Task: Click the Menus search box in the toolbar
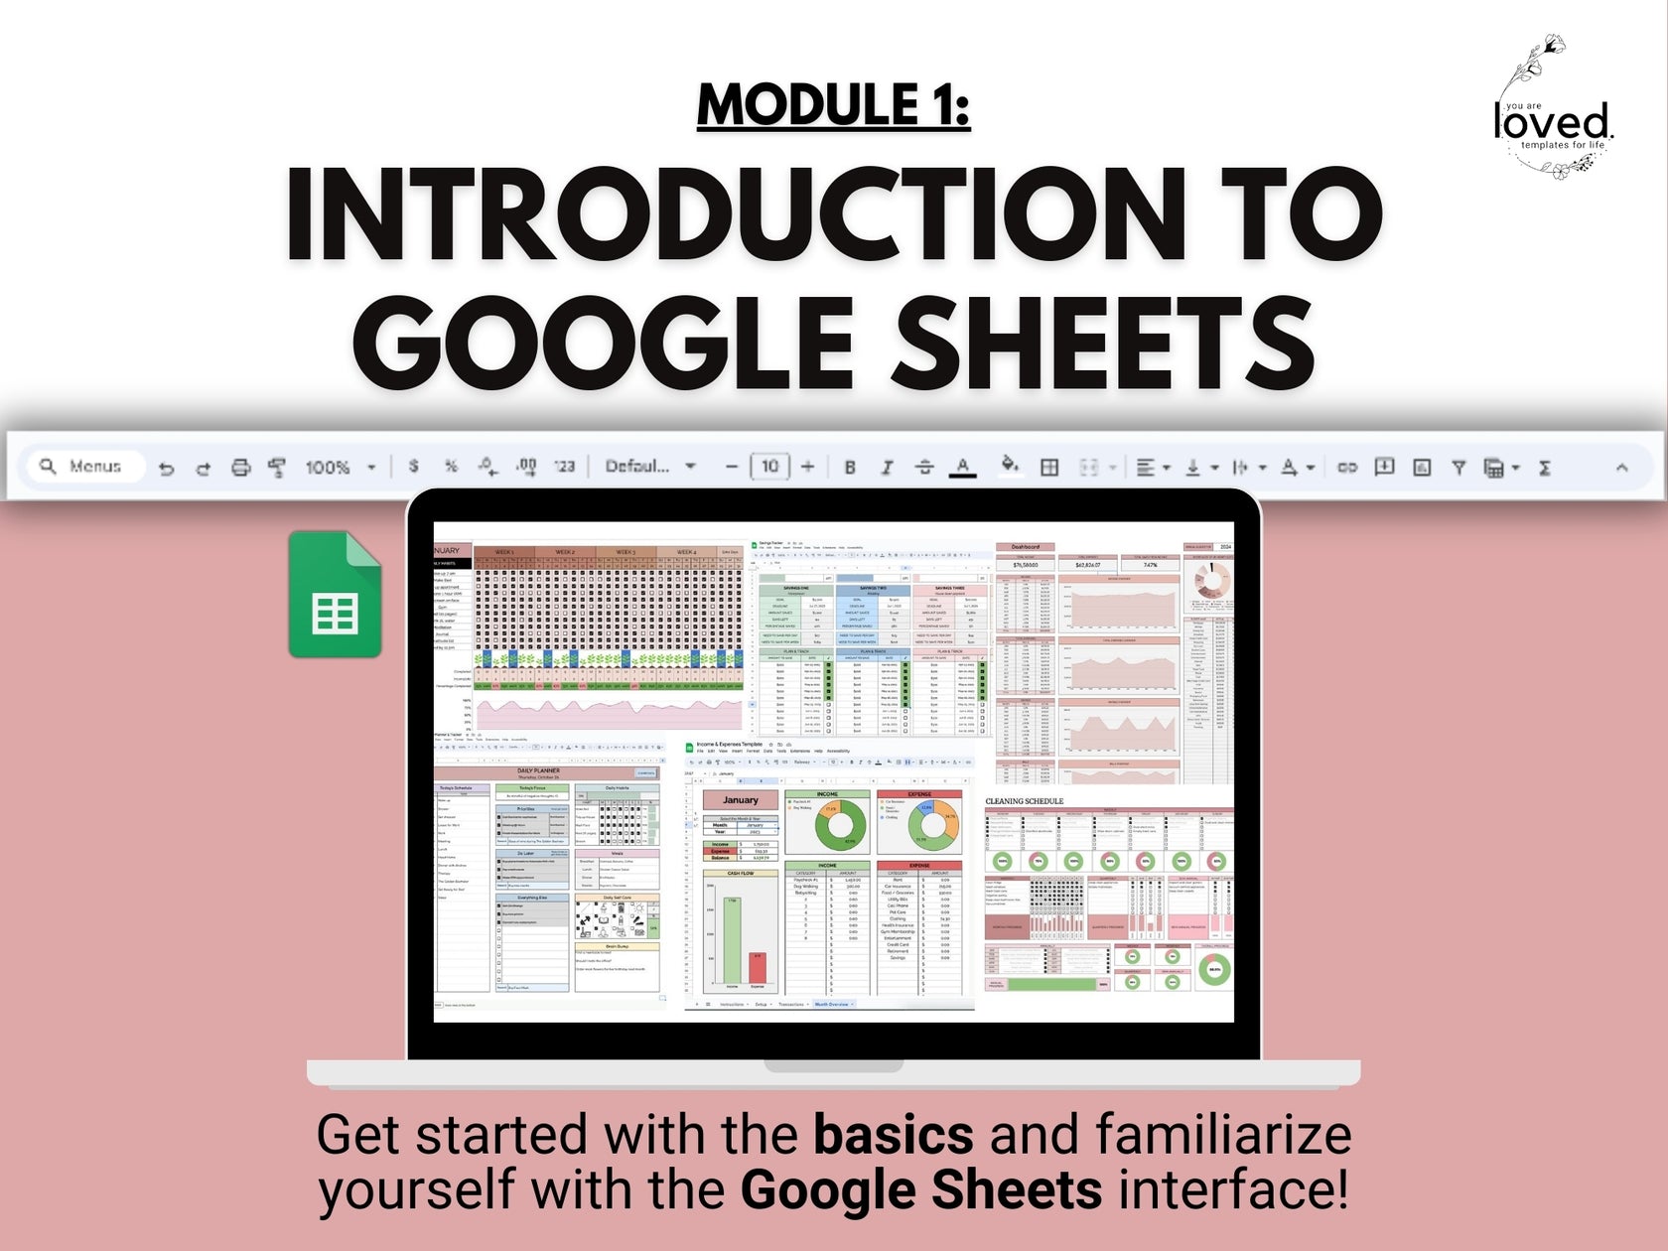(x=85, y=466)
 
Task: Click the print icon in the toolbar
(x=240, y=467)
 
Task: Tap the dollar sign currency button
(x=413, y=466)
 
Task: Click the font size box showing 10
(x=769, y=466)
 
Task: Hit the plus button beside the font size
(x=808, y=466)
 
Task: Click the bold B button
(x=850, y=467)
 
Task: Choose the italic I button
(x=887, y=467)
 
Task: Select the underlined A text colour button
(x=962, y=467)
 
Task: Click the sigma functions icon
(x=1545, y=467)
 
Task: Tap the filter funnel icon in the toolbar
(x=1459, y=467)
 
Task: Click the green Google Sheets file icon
(x=335, y=594)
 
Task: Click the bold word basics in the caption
(x=894, y=1134)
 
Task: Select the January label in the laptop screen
(x=740, y=799)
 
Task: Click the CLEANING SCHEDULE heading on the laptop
(x=1024, y=800)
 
